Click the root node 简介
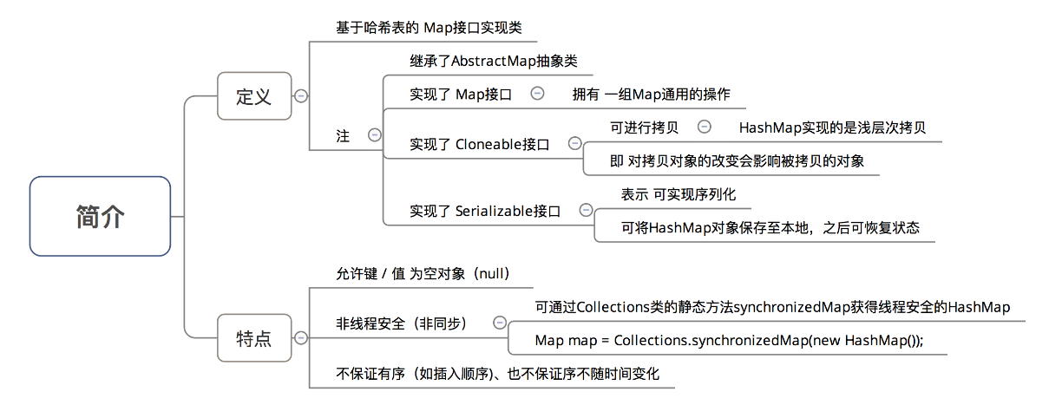pos(100,216)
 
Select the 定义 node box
pos(253,95)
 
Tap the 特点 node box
pos(253,337)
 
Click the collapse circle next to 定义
pos(301,95)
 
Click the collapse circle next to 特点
pos(301,337)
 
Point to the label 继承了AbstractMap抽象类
pos(493,62)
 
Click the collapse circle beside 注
pos(375,135)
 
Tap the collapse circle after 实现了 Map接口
pos(537,93)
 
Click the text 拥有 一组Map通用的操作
pos(651,94)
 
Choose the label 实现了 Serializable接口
pos(484,210)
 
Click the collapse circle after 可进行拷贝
pos(705,127)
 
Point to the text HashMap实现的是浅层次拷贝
pos(832,127)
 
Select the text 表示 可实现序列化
pos(679,194)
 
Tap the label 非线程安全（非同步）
pos(402,323)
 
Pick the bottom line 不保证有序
pos(497,374)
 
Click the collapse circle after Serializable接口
pos(586,209)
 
